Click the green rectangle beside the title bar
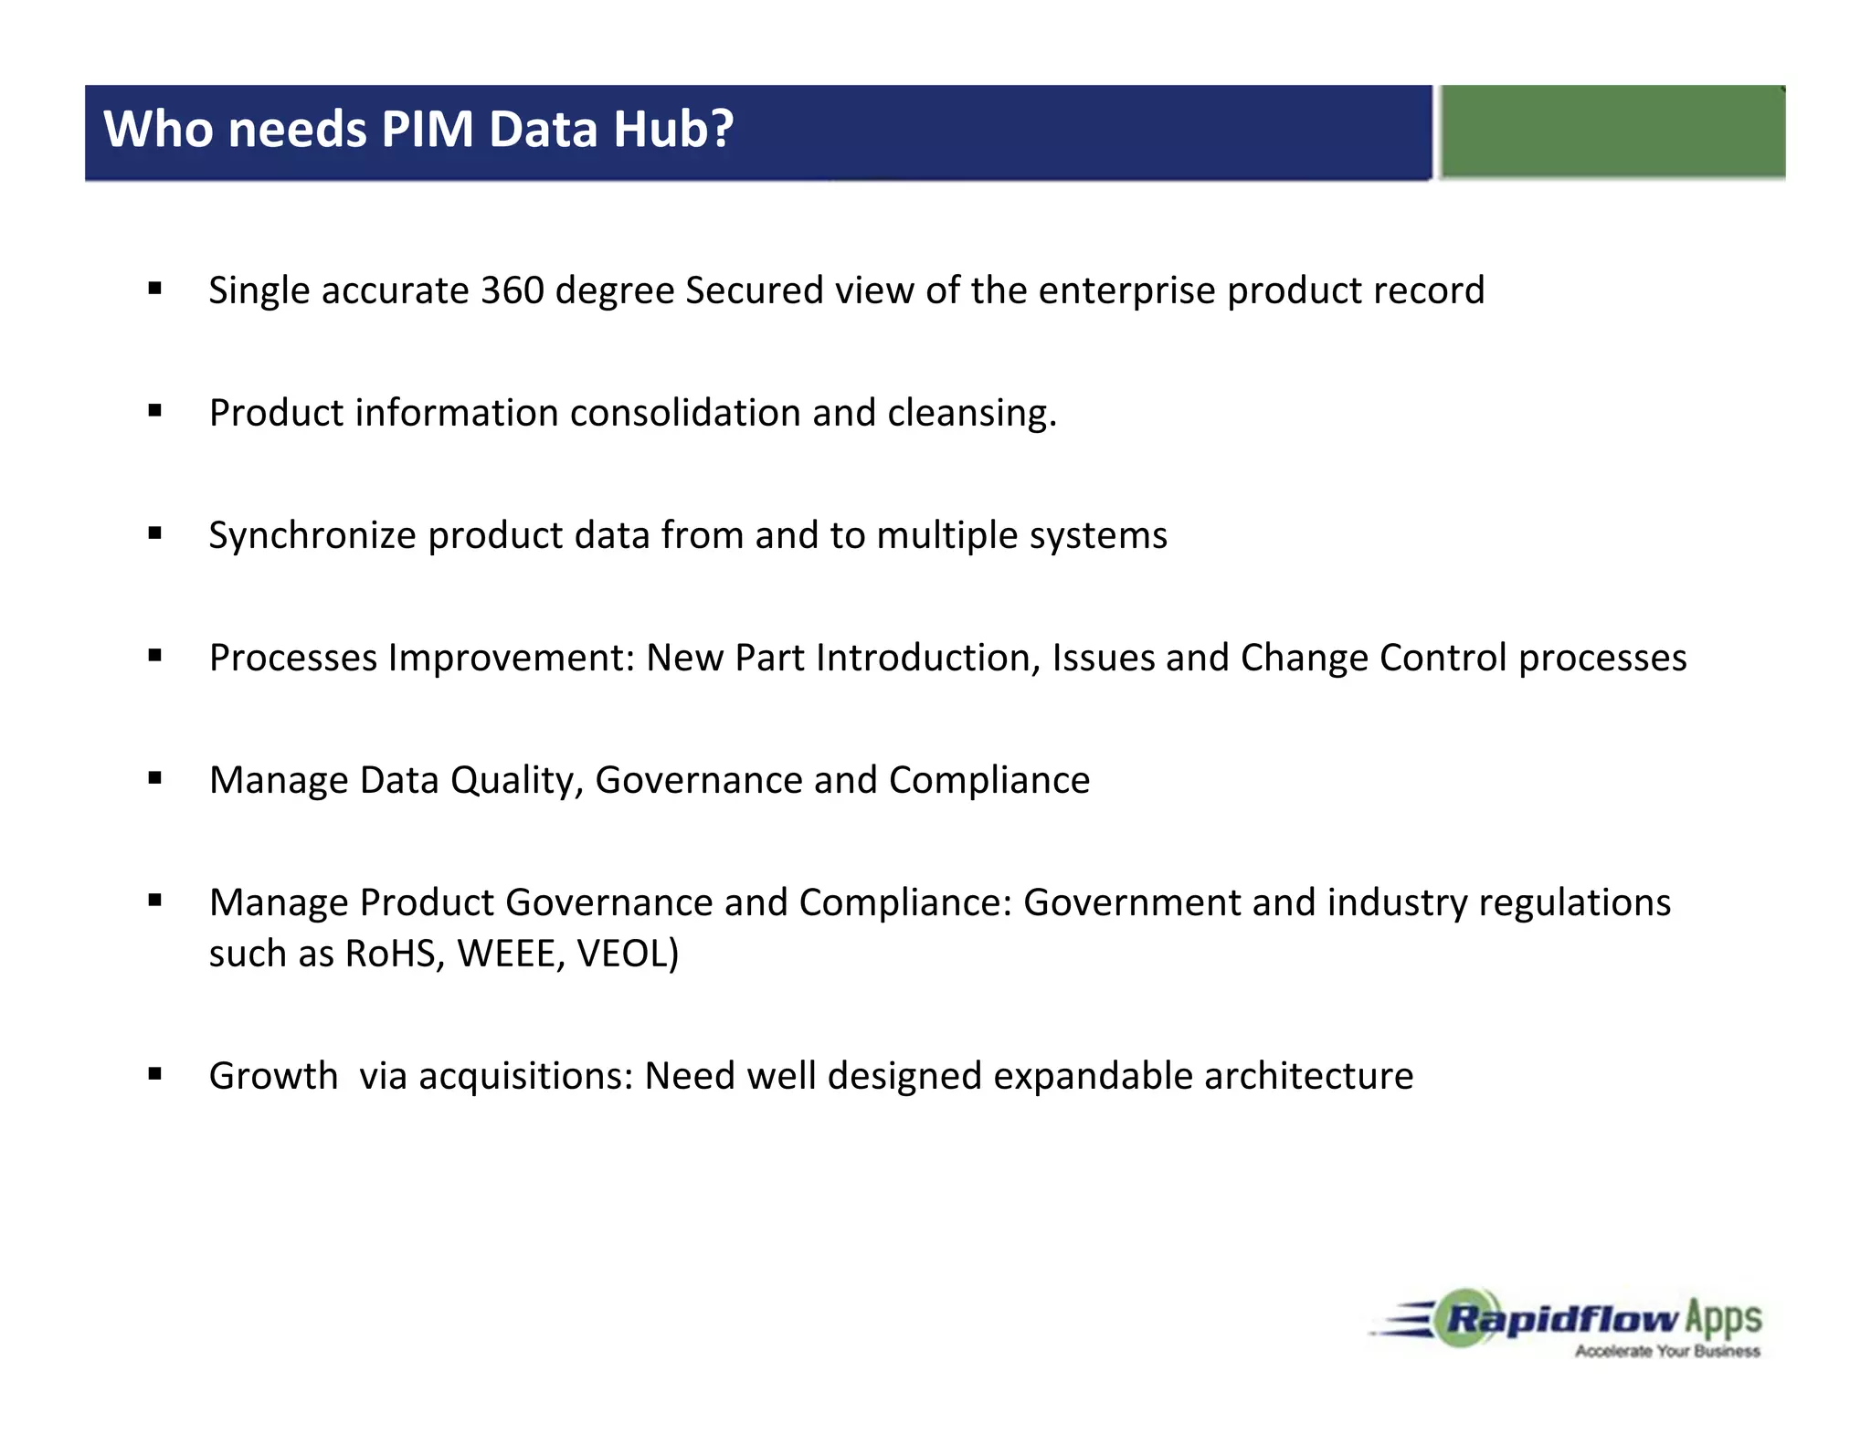[1612, 132]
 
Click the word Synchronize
[312, 536]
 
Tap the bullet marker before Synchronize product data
[155, 533]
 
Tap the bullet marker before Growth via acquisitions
[155, 1074]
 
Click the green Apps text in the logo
[1723, 1319]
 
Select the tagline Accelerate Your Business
[1666, 1351]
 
